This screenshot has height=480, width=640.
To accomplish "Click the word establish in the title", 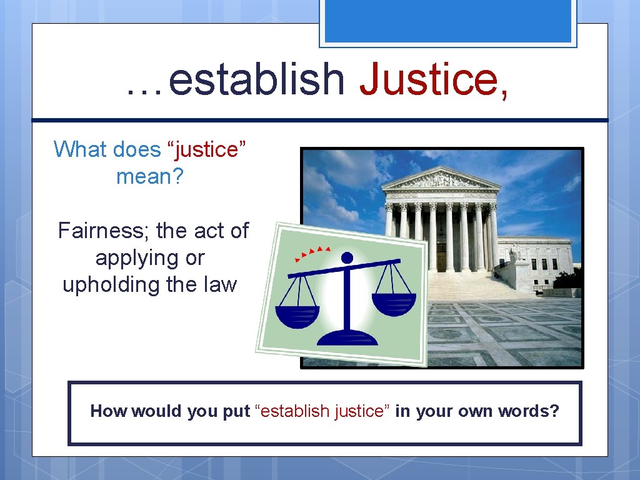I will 256,81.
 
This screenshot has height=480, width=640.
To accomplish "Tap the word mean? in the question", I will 150,176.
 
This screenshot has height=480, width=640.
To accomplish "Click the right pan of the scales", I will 394,303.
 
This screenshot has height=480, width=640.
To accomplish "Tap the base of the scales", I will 347,337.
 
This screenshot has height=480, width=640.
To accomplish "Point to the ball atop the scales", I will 347,257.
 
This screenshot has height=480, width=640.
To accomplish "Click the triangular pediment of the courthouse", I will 441,179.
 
